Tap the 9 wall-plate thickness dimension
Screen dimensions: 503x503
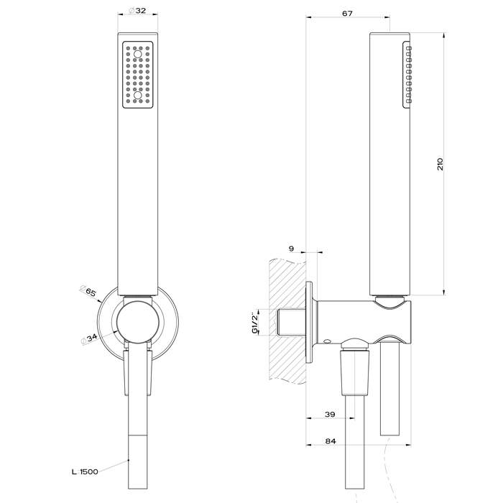(x=291, y=249)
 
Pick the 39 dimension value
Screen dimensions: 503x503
(x=330, y=415)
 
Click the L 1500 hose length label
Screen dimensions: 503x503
(x=85, y=471)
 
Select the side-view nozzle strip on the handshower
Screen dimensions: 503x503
(x=407, y=75)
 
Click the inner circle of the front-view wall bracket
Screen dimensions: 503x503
(x=136, y=322)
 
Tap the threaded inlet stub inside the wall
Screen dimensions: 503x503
(x=290, y=321)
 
